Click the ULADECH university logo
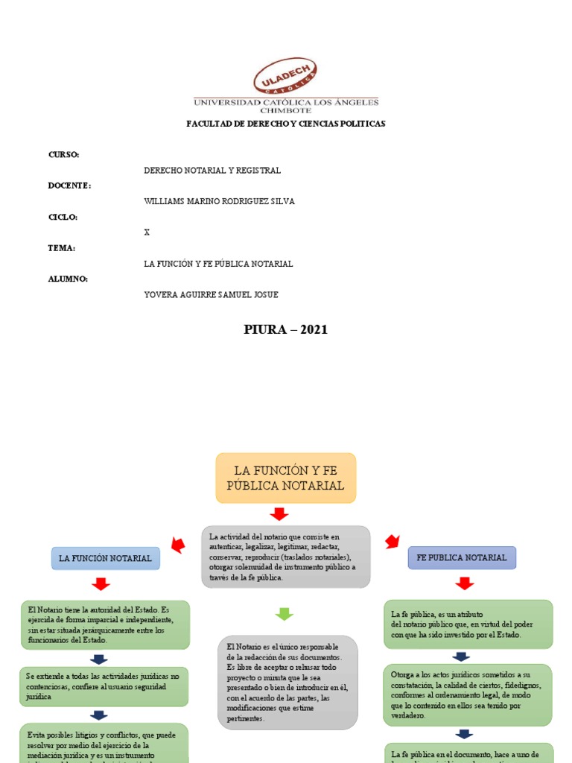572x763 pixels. coord(286,77)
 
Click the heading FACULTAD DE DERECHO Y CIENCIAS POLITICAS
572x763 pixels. coord(286,124)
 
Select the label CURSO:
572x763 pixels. coord(63,154)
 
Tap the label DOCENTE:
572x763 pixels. coord(69,186)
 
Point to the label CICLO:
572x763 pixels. coord(63,217)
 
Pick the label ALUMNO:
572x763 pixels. coord(68,279)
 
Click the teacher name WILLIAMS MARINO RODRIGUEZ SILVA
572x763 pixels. coord(220,201)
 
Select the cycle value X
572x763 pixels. coord(147,232)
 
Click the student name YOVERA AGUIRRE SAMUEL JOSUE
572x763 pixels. coord(211,294)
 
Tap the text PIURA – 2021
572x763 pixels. coord(286,330)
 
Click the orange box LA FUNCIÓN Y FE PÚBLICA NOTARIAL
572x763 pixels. coord(286,478)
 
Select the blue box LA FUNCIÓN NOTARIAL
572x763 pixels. coord(105,558)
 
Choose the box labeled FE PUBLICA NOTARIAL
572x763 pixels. coord(462,557)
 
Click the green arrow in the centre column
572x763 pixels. coord(285,614)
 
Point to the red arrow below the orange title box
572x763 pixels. coord(279,513)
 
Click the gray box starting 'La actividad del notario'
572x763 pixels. coord(286,557)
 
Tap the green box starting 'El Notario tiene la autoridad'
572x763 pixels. coord(104,624)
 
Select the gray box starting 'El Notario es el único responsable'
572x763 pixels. coord(287,682)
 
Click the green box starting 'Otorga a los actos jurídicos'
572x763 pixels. coord(468,694)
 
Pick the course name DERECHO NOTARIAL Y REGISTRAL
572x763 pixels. coord(212,171)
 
